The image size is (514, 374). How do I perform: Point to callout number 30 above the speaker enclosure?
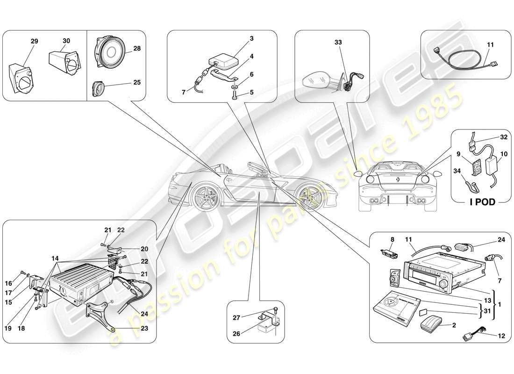pyautogui.click(x=66, y=41)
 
